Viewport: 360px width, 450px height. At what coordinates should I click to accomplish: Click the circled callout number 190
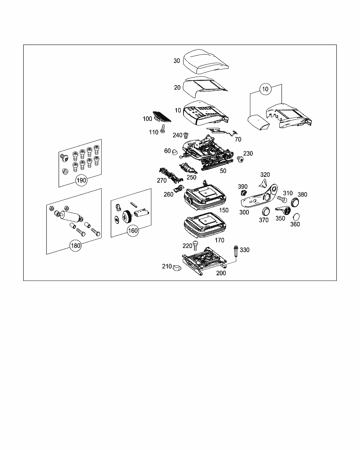pyautogui.click(x=82, y=181)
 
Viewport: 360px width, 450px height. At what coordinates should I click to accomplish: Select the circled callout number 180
pyautogui.click(x=76, y=246)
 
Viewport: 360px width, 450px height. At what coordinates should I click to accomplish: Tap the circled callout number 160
pyautogui.click(x=133, y=231)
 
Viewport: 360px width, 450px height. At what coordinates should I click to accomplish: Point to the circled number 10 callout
pyautogui.click(x=265, y=89)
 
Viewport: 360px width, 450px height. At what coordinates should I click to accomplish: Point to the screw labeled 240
pyautogui.click(x=186, y=135)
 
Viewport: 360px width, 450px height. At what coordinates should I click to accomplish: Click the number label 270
pyautogui.click(x=162, y=181)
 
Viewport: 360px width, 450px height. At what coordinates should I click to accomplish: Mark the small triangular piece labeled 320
pyautogui.click(x=262, y=182)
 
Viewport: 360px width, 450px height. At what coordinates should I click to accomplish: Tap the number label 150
pyautogui.click(x=224, y=210)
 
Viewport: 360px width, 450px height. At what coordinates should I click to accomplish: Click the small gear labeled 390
pyautogui.click(x=243, y=193)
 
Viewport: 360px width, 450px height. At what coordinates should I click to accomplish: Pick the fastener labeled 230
pyautogui.click(x=240, y=159)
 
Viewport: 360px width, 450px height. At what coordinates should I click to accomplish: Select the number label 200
pyautogui.click(x=221, y=273)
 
